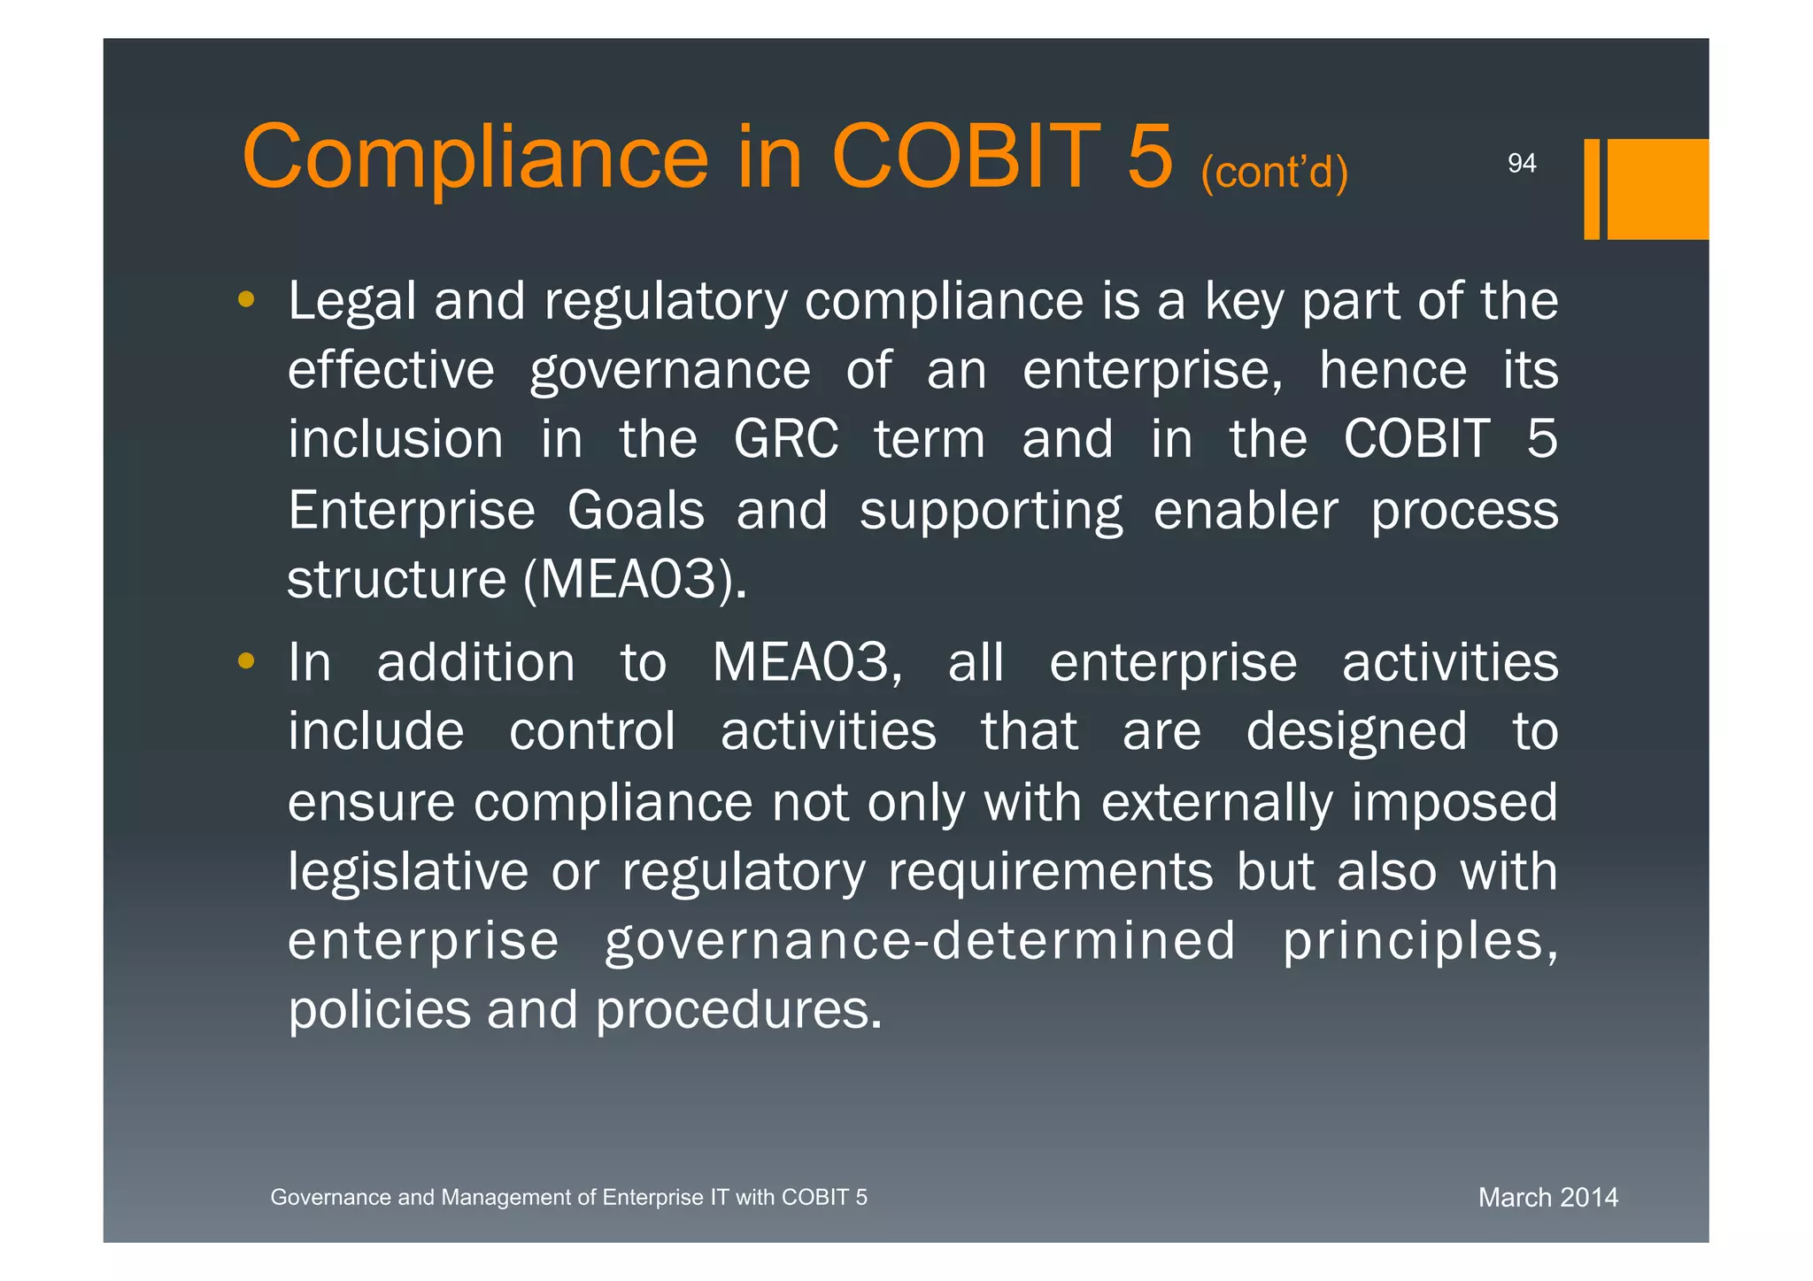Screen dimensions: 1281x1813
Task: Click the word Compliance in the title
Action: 475,158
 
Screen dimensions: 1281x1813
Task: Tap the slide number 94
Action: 1522,164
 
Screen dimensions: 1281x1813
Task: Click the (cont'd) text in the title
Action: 1274,172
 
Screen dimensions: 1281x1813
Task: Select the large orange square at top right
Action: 1657,189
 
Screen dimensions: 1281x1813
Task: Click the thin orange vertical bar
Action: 1592,189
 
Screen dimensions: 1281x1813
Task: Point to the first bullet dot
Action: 246,300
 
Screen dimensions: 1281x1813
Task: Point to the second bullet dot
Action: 246,660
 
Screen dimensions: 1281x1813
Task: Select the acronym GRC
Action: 786,439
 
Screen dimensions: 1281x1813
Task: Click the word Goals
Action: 636,511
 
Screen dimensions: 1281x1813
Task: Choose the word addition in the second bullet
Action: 476,663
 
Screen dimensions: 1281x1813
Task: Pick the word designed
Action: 1356,733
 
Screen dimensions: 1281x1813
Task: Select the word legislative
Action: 408,872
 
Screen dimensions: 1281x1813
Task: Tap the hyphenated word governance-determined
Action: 920,941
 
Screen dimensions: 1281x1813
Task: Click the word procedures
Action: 738,1010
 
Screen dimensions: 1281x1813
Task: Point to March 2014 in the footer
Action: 1547,1198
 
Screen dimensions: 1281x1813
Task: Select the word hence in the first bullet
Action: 1393,370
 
